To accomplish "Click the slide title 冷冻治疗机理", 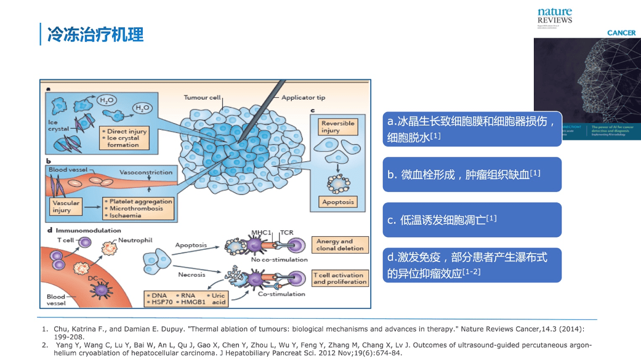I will tap(95, 34).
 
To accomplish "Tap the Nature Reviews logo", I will tap(554, 16).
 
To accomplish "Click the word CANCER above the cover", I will tap(621, 33).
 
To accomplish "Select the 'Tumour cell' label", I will tap(203, 98).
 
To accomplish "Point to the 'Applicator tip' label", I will tap(303, 98).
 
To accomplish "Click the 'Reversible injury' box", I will tap(338, 127).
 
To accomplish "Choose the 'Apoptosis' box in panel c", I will tap(338, 202).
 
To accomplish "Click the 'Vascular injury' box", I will tap(66, 206).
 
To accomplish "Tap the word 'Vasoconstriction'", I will tap(145, 172).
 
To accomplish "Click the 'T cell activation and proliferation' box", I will tap(340, 278).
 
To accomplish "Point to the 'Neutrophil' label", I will tap(135, 239).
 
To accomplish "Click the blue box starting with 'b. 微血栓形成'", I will tap(472, 175).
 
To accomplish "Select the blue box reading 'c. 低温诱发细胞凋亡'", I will tap(472, 220).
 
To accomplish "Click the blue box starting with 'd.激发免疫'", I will tap(472, 265).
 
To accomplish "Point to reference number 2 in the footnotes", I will tap(44, 345).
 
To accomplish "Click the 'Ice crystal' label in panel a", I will tap(57, 126).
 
